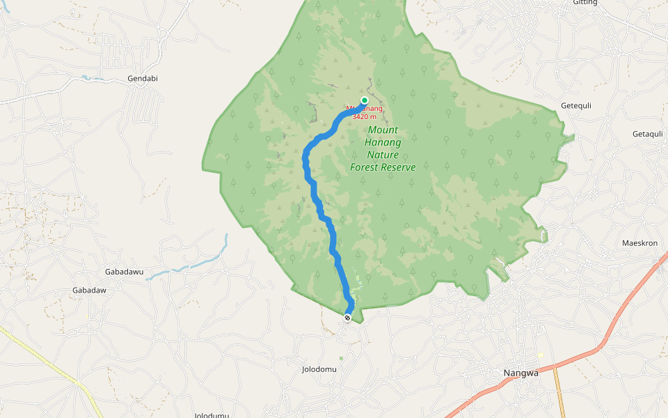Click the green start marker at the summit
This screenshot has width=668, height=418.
click(364, 100)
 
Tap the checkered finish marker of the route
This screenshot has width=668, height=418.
click(347, 318)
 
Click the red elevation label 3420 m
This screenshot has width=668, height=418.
click(364, 117)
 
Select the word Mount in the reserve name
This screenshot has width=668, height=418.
click(383, 130)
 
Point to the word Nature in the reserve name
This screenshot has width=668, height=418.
click(383, 155)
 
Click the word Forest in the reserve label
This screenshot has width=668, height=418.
click(365, 167)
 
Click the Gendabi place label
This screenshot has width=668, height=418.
click(143, 79)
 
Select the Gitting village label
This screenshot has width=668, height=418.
click(585, 3)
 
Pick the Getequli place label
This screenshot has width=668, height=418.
click(576, 106)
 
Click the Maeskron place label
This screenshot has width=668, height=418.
click(639, 243)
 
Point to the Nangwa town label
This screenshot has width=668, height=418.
click(521, 373)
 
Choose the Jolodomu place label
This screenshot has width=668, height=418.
click(319, 369)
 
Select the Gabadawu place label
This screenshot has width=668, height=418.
click(123, 271)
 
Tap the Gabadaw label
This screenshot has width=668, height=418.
click(89, 290)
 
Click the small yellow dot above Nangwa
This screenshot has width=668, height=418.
click(541, 355)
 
